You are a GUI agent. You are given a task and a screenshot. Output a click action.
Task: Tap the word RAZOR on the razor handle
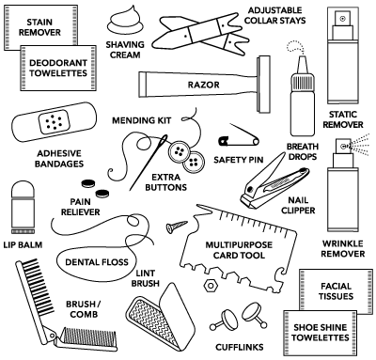click(x=203, y=85)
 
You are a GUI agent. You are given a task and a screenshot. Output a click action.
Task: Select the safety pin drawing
click(x=239, y=136)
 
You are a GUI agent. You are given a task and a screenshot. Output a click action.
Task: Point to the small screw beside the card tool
click(x=177, y=227)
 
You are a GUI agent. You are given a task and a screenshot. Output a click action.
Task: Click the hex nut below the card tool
click(x=211, y=285)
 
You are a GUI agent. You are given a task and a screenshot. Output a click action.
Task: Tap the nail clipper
click(x=274, y=181)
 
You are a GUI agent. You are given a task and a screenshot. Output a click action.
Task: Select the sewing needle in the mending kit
click(x=149, y=162)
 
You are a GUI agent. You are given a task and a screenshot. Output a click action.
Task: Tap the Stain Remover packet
click(x=40, y=27)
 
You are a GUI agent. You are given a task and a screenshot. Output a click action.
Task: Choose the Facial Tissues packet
click(x=336, y=290)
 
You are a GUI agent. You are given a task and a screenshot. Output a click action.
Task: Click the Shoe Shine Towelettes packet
click(x=321, y=333)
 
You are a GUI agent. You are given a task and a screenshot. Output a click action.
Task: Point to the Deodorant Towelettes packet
click(x=58, y=68)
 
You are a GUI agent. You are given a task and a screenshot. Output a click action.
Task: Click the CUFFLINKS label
click(x=240, y=347)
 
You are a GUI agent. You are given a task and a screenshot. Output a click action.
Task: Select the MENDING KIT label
click(x=142, y=120)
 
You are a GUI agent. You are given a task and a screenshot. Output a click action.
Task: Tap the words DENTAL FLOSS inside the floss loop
click(x=97, y=262)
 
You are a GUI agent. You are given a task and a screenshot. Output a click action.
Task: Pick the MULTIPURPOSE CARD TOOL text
click(x=239, y=250)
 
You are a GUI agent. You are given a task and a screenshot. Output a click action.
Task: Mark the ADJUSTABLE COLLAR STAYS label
click(x=274, y=15)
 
